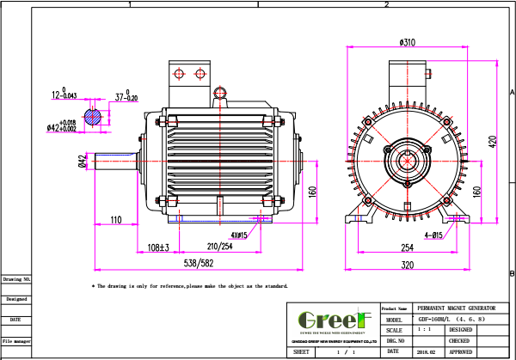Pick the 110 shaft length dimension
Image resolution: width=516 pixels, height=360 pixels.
(x=116, y=220)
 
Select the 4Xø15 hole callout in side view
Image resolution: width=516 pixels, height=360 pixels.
(x=239, y=235)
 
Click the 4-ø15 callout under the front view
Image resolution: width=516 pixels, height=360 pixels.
(x=434, y=234)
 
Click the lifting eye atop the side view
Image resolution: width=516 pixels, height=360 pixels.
(x=219, y=93)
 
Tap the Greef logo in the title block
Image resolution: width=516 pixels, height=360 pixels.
(x=331, y=319)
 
